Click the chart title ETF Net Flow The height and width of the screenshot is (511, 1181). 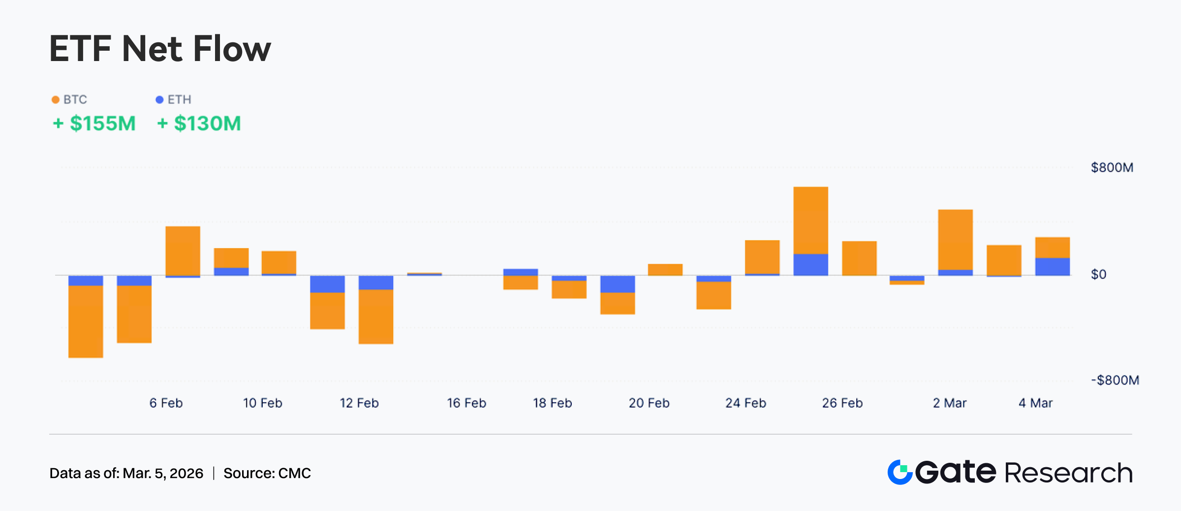160,49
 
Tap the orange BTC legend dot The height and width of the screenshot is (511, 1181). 56,100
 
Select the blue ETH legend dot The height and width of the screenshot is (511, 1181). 159,100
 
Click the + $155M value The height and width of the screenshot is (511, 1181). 94,124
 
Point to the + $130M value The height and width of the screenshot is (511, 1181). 199,124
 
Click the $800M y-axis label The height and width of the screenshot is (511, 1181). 1112,167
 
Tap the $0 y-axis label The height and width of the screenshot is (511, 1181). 1098,274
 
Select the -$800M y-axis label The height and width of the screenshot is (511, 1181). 1115,380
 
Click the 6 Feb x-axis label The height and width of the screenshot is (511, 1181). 166,403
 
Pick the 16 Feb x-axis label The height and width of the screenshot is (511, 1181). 466,403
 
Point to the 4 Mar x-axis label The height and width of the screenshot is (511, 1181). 1035,403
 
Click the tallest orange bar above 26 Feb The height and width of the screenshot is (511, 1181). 810,220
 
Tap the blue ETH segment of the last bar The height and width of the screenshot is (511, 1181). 1052,266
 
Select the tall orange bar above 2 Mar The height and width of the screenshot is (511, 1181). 955,239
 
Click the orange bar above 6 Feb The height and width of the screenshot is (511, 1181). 183,251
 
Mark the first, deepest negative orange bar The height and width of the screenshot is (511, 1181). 86,321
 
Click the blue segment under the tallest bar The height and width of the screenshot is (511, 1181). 810,264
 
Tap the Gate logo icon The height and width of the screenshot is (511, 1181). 900,473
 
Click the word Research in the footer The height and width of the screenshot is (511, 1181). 1068,473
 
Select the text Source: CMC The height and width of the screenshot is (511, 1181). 267,473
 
